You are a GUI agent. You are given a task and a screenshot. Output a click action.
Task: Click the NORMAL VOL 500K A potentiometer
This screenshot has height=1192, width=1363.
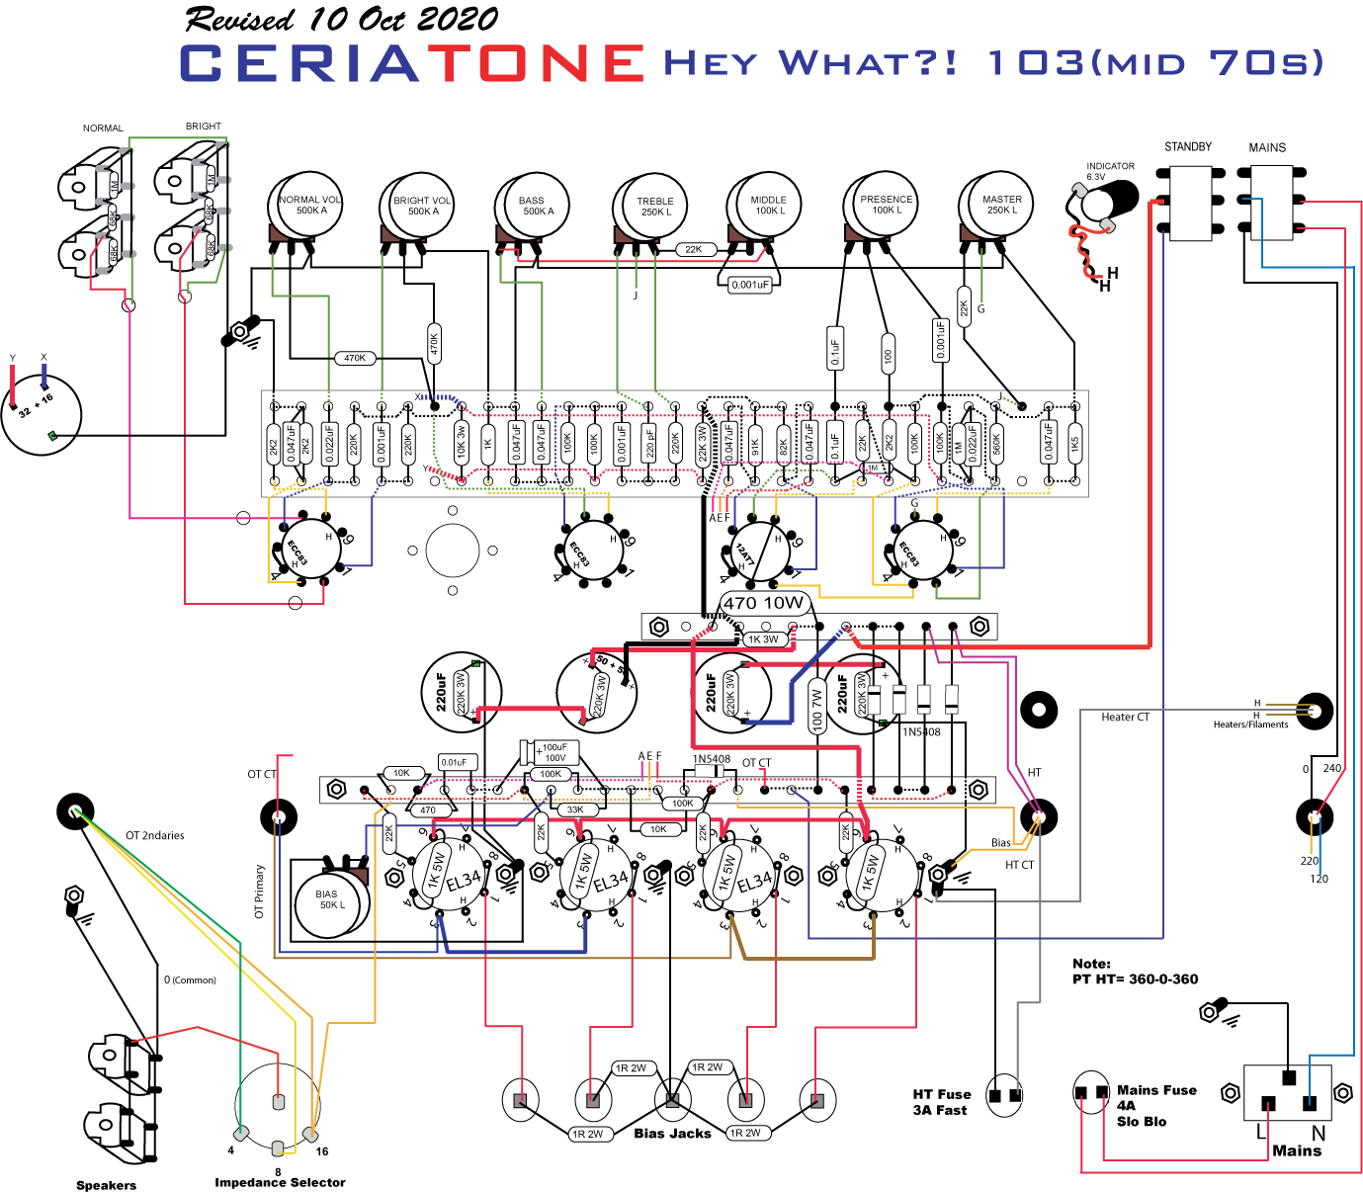tap(307, 206)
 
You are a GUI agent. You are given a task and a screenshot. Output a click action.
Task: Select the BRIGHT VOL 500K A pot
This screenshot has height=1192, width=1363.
tap(420, 207)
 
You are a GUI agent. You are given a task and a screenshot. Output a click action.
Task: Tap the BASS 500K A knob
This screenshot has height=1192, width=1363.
tap(535, 206)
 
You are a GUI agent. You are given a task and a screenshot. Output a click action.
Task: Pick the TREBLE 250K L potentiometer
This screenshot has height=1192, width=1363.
tap(651, 207)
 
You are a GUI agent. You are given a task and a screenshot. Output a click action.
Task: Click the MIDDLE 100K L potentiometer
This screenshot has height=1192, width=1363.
tap(765, 206)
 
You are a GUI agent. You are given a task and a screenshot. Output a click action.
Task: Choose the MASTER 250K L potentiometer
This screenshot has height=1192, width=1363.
tap(998, 205)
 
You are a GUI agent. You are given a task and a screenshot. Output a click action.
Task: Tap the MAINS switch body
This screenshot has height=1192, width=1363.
tap(1270, 203)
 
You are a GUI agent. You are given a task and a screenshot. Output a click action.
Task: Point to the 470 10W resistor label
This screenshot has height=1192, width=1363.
tap(764, 603)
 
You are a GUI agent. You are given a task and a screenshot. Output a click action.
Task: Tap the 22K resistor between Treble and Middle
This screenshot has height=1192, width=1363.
tap(694, 249)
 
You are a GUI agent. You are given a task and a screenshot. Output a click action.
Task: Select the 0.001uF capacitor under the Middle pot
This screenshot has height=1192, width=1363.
tap(749, 285)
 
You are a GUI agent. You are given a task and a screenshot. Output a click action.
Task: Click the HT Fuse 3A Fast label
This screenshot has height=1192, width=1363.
tap(941, 1102)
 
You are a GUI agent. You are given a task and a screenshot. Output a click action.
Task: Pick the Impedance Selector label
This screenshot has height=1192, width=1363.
tap(280, 1182)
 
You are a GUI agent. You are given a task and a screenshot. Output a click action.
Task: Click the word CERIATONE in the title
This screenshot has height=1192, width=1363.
tap(412, 63)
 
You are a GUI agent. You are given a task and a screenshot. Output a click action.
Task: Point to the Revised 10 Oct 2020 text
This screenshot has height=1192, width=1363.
tap(341, 19)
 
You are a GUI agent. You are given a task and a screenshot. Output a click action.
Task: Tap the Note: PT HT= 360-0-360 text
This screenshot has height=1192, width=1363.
tap(1135, 972)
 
